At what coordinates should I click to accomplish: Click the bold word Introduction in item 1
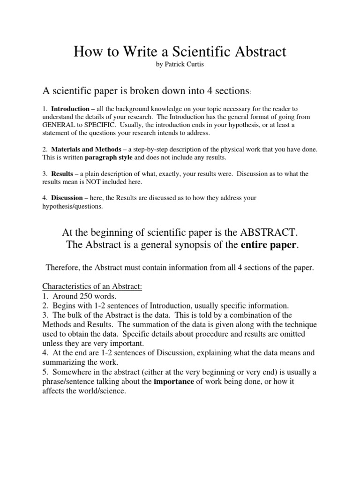point(70,109)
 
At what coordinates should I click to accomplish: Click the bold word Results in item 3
point(62,174)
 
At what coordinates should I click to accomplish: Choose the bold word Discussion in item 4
point(67,198)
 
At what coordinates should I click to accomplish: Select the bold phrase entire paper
point(269,245)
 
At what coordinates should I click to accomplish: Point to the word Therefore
point(63,268)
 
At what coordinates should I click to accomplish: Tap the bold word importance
point(173,382)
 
